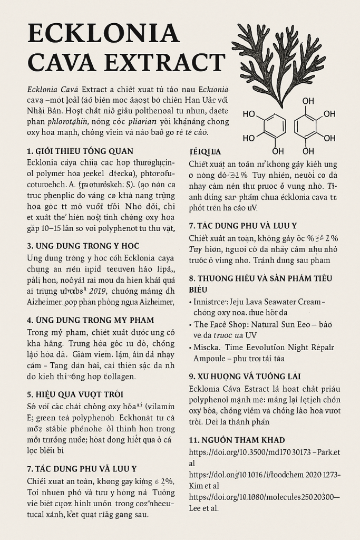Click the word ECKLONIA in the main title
tap(103, 34)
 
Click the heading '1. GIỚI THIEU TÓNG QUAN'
tap(80, 151)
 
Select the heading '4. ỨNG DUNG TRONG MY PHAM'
tap(90, 320)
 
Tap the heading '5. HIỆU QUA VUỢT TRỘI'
tap(75, 394)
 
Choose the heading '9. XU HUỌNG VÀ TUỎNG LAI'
tap(245, 377)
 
